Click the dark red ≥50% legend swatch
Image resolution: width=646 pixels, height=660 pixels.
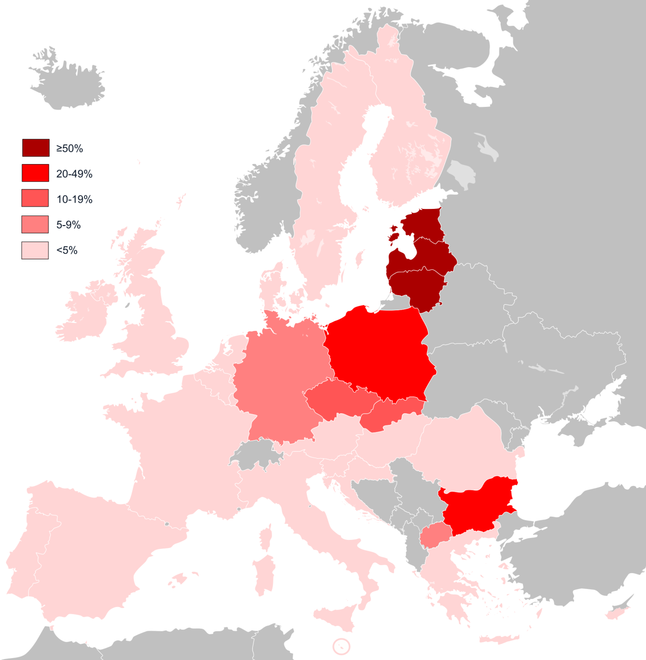[36, 148]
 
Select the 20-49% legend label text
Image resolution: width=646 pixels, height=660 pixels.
[74, 174]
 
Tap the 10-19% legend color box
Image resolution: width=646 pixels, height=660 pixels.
[35, 198]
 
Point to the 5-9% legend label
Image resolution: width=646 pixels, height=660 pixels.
[68, 225]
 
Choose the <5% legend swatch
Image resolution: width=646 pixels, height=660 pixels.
[35, 250]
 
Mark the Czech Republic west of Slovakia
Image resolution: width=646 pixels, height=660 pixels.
[338, 399]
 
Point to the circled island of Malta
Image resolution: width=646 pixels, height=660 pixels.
[342, 646]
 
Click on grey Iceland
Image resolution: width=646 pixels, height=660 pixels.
[68, 83]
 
